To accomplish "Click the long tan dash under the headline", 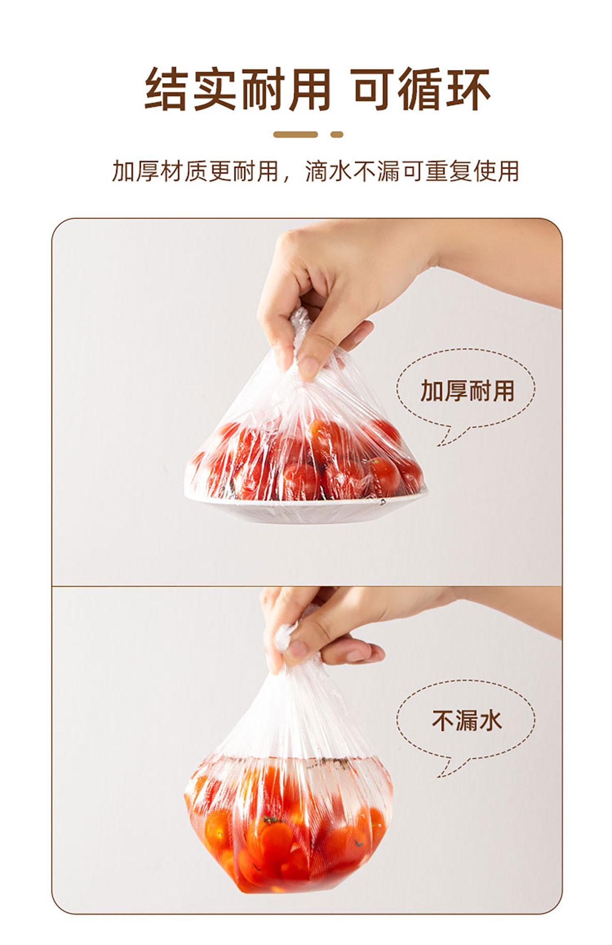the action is [295, 135].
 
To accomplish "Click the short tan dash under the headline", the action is [337, 135].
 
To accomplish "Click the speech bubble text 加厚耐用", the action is [467, 391].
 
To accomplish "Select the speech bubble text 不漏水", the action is [467, 721].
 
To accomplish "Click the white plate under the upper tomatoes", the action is [306, 507].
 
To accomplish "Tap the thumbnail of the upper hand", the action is [308, 367].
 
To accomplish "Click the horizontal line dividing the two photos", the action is [307, 586].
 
